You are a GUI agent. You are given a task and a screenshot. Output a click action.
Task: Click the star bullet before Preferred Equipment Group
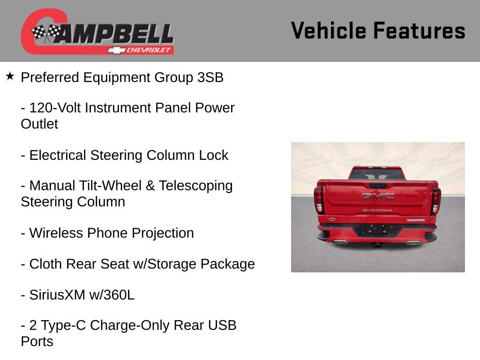point(10,76)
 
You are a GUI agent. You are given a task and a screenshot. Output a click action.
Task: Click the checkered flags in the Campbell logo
point(46,33)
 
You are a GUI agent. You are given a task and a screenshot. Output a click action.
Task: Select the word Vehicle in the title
point(328,31)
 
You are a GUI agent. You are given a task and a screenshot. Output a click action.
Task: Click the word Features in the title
point(419,31)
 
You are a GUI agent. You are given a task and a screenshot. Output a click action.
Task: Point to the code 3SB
point(210,77)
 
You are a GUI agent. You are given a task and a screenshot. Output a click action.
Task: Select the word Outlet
point(39,124)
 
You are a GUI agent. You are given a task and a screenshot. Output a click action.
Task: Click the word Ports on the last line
point(37,341)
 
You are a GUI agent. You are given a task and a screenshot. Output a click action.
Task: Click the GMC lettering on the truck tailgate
point(377,195)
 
